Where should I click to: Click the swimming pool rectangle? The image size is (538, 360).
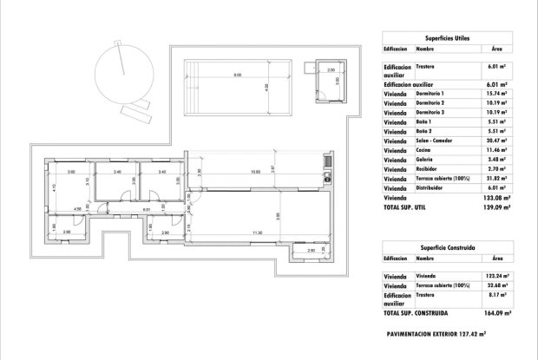coord(236,87)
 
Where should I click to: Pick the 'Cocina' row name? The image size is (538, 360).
coord(425,151)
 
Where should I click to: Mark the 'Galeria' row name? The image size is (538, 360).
coord(426,160)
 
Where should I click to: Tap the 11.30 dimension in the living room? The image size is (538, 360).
coord(257,233)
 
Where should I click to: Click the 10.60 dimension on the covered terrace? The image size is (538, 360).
coord(254,172)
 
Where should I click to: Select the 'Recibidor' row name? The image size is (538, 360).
coord(429,170)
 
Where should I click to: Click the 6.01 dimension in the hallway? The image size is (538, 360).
coord(147,209)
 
